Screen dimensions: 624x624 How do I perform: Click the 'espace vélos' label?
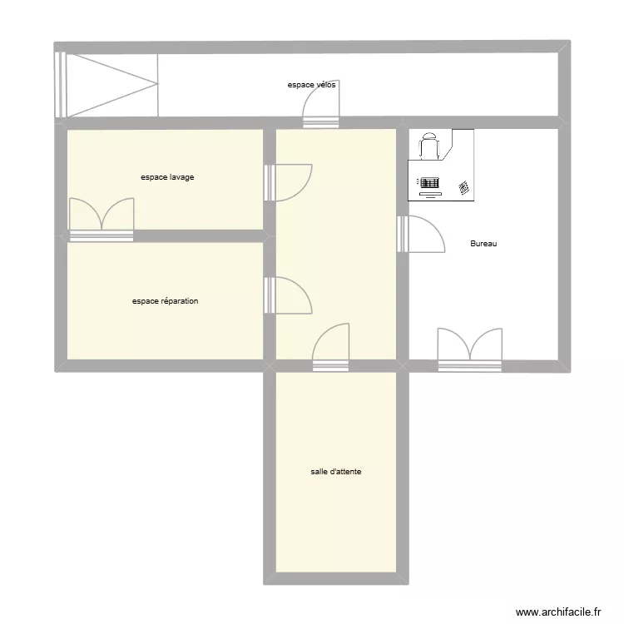(x=312, y=85)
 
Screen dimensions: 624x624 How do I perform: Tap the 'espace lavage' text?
(x=167, y=177)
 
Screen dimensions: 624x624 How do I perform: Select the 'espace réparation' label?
(x=165, y=301)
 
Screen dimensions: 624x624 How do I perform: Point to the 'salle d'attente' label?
(x=336, y=472)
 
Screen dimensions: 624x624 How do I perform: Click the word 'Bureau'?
(x=483, y=244)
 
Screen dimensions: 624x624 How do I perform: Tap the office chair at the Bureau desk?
(x=429, y=146)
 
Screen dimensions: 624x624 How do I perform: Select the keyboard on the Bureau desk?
(x=429, y=182)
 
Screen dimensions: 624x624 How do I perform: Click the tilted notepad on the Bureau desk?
(x=464, y=188)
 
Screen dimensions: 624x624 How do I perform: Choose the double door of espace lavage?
(x=102, y=218)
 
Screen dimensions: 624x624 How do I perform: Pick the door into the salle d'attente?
(x=331, y=346)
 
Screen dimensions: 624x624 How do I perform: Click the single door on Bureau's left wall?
(x=423, y=234)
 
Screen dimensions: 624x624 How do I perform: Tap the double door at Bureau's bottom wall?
(x=470, y=348)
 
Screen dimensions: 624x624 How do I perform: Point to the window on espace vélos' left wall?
(x=59, y=84)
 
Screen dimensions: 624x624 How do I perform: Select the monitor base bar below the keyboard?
(x=429, y=196)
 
